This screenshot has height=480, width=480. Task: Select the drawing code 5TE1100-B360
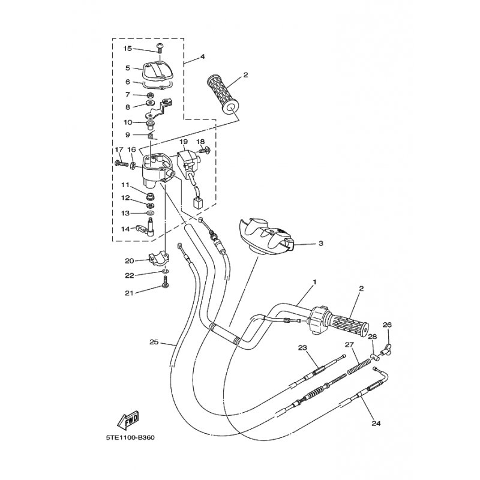pos(130,437)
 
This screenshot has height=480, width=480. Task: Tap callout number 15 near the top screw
pos(127,49)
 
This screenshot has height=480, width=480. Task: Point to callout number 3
pos(321,244)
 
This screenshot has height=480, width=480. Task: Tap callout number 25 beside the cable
pos(154,342)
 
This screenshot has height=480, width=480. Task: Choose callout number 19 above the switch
pos(184,142)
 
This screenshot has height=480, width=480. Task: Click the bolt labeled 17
pos(122,164)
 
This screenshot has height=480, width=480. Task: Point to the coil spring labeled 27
pos(357,367)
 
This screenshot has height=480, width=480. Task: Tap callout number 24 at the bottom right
pos(376,424)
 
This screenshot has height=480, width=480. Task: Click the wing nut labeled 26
pos(386,348)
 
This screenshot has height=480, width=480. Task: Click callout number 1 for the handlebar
pos(314,281)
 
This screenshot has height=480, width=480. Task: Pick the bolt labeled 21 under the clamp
pos(165,283)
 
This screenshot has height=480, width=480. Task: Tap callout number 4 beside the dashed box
pos(203,56)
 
